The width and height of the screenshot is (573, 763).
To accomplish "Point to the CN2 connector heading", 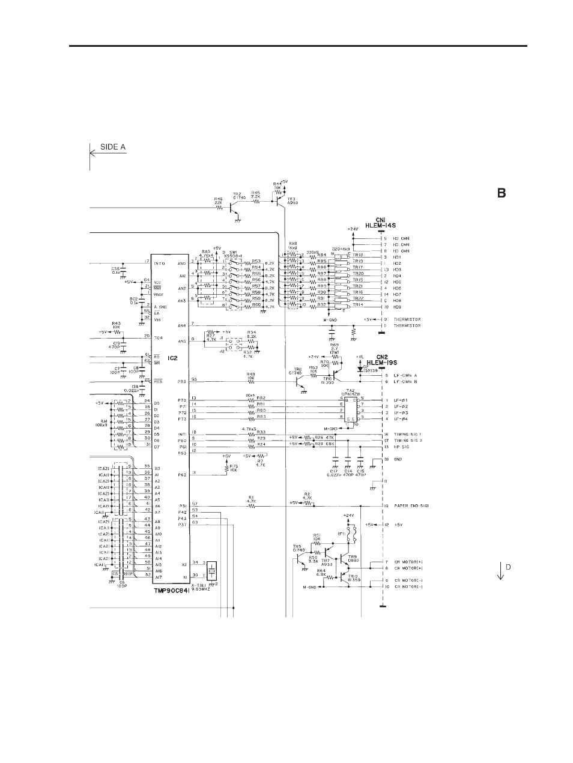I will [383, 359].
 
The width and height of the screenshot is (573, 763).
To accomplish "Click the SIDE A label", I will [113, 148].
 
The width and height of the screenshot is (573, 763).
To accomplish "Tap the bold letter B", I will [501, 193].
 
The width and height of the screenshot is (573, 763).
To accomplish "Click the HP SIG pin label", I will [402, 447].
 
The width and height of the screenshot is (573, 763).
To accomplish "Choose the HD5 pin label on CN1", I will [397, 282].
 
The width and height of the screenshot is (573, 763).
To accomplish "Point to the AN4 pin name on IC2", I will [182, 326].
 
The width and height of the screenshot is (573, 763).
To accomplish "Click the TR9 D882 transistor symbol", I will [344, 558].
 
